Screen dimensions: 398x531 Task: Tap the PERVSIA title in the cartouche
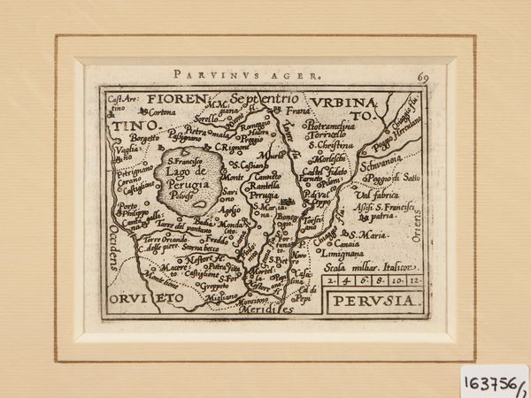[371, 300]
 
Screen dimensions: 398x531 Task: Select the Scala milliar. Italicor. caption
[369, 265]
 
